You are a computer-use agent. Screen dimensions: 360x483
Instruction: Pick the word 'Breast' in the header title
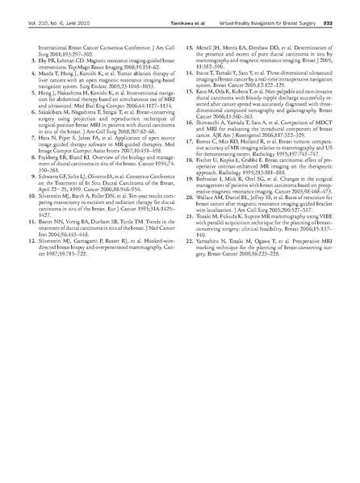pyautogui.click(x=294, y=23)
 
